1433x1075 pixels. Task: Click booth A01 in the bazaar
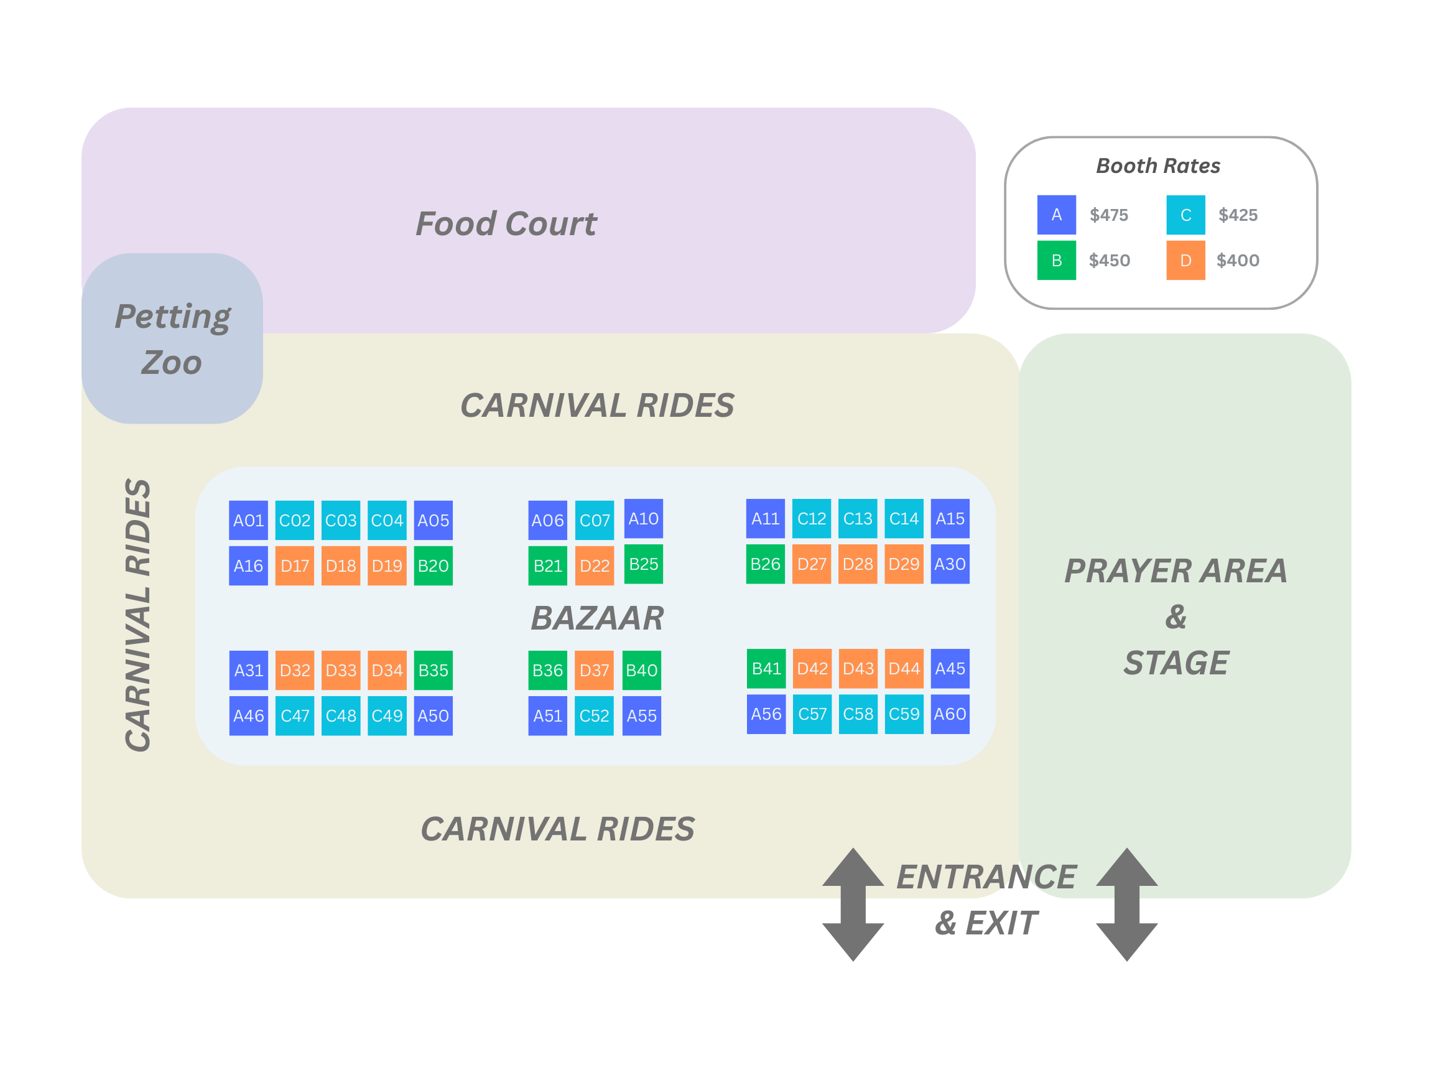point(248,520)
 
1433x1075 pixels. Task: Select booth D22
point(594,565)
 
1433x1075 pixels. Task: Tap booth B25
point(643,564)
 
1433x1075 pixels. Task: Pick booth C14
point(904,518)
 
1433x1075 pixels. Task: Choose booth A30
point(950,564)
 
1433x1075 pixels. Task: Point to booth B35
point(433,670)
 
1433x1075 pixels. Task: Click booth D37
point(594,670)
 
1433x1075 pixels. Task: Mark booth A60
point(950,714)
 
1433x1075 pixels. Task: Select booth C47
point(295,716)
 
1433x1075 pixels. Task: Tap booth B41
point(766,668)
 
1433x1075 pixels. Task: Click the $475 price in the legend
point(1108,215)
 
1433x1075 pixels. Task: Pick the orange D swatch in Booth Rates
point(1185,261)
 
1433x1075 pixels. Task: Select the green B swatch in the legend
point(1056,261)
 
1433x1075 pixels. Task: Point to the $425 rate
point(1237,215)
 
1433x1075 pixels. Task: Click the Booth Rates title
point(1157,166)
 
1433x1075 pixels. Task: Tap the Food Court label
point(505,224)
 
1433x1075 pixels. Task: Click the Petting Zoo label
point(172,339)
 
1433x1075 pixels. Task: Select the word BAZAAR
point(597,618)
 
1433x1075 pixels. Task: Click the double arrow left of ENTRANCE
point(853,904)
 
